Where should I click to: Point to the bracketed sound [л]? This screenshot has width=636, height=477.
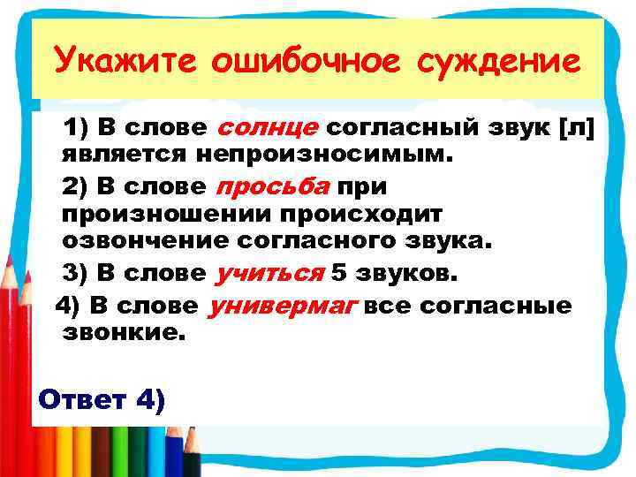(578, 128)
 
